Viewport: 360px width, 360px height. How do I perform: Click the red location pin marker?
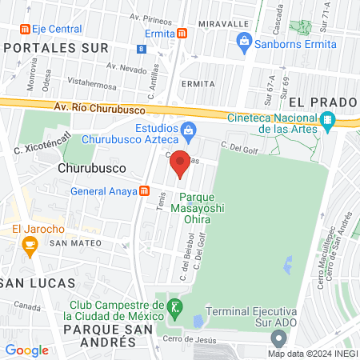(x=181, y=163)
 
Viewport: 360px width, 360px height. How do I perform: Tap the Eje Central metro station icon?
(x=25, y=30)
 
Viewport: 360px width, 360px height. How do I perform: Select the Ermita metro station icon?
(x=182, y=34)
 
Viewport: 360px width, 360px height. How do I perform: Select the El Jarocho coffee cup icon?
(x=30, y=250)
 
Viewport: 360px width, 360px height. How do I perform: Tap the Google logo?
(x=26, y=350)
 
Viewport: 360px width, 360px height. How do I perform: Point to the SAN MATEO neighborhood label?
(x=74, y=242)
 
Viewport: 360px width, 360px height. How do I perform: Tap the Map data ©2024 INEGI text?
(x=313, y=354)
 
